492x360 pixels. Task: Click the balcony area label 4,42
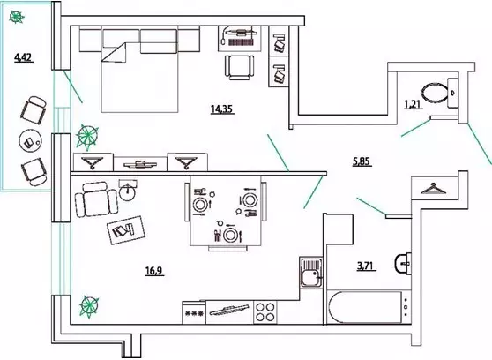[24, 58]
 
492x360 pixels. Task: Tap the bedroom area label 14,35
[222, 109]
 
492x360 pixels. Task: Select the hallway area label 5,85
[362, 161]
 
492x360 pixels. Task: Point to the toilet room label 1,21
[413, 104]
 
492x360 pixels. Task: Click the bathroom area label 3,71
[367, 266]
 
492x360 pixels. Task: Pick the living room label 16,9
[153, 271]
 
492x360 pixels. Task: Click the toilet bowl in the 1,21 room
[440, 93]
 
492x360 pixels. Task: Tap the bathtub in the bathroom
[364, 308]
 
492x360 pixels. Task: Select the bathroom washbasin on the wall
[403, 263]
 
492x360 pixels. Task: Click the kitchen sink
[311, 272]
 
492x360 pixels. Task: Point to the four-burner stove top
[265, 312]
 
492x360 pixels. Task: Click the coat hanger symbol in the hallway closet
[433, 189]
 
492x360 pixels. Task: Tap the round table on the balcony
[31, 142]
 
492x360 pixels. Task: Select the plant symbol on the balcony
[17, 17]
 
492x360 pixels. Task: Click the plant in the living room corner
[89, 306]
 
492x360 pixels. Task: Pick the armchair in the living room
[96, 199]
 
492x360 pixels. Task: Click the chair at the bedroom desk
[240, 67]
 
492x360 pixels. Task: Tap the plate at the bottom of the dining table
[230, 235]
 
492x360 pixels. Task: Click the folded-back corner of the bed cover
[114, 52]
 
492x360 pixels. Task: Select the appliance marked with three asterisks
[194, 313]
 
